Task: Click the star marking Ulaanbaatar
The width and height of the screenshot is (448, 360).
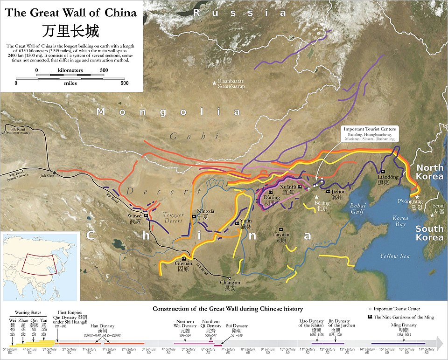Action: pyautogui.click(x=214, y=83)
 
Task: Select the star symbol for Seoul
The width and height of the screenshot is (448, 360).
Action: pyautogui.click(x=432, y=215)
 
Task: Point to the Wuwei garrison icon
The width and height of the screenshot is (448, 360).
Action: pyautogui.click(x=146, y=216)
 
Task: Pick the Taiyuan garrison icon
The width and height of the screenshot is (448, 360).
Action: pyautogui.click(x=280, y=229)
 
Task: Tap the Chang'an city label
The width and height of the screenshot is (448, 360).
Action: pyautogui.click(x=231, y=285)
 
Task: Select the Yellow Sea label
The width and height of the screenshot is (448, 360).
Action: pyautogui.click(x=394, y=256)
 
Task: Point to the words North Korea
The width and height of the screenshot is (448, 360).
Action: pyautogui.click(x=429, y=172)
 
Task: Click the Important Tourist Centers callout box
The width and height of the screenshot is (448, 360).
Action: pyautogui.click(x=369, y=134)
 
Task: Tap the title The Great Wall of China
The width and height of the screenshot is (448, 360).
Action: pyautogui.click(x=71, y=13)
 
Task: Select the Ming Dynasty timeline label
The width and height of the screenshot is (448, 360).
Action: pyautogui.click(x=404, y=325)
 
